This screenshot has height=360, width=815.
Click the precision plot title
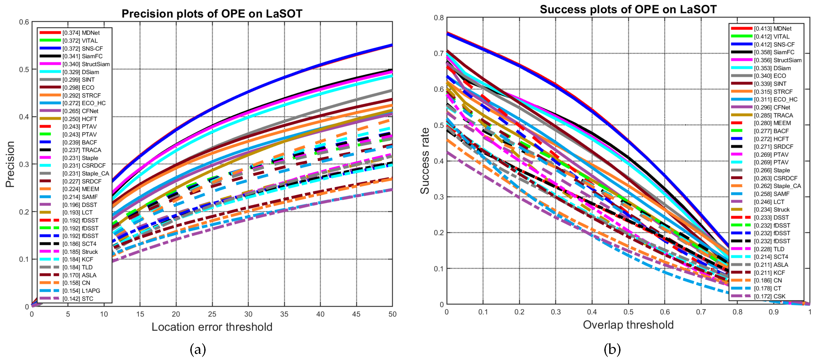tap(212, 13)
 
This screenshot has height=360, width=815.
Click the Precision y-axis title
tap(10, 164)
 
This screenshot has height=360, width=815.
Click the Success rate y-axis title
tap(425, 161)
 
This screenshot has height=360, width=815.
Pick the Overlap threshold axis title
tap(628, 325)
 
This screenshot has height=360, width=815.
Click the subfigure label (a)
tap(198, 349)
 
